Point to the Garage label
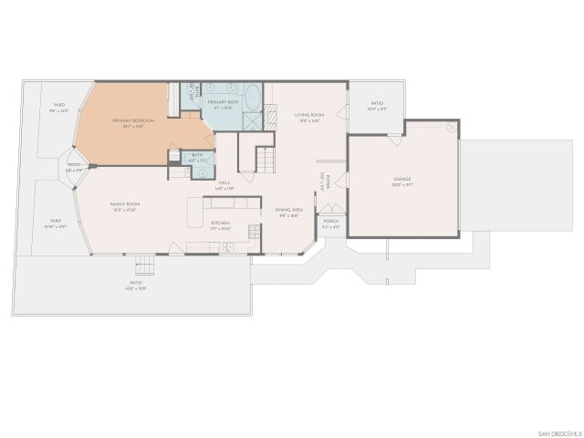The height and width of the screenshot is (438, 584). (x=403, y=182)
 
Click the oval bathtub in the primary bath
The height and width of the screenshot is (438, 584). (x=253, y=97)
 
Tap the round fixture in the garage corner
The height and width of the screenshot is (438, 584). (x=449, y=128)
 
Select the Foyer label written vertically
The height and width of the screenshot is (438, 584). (x=321, y=180)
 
